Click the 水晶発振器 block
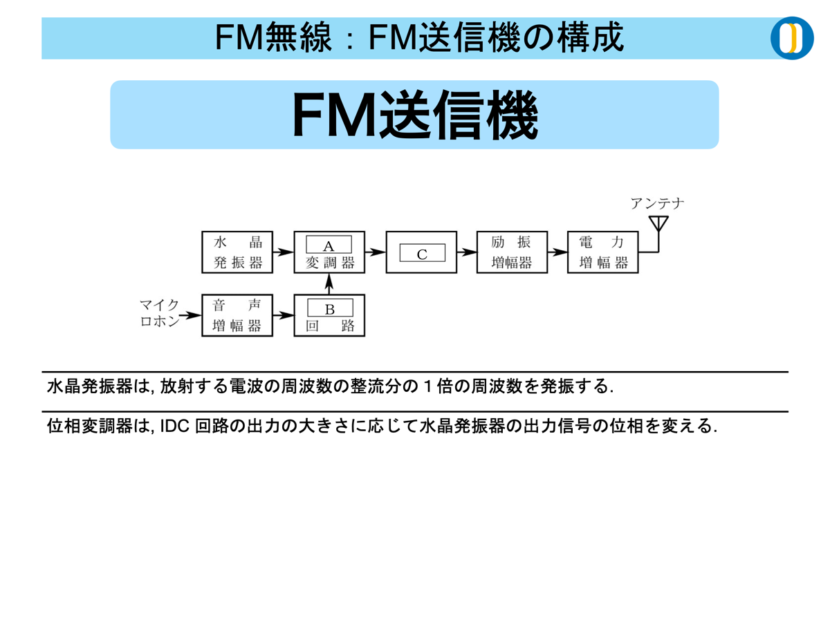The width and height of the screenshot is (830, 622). [237, 252]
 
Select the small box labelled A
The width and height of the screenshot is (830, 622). [329, 245]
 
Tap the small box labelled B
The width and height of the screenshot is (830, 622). [329, 308]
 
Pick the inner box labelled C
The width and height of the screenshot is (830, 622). [422, 254]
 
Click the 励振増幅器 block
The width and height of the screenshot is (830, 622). [512, 252]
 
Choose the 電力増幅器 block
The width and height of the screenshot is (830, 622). [602, 252]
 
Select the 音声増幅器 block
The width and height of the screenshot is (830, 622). [237, 316]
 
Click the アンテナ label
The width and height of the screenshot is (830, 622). [658, 203]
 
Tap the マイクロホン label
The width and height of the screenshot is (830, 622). [160, 313]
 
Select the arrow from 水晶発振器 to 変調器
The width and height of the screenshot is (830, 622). [283, 252]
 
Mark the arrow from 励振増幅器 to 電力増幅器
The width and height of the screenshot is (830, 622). [557, 252]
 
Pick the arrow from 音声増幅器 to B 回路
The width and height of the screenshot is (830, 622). [283, 316]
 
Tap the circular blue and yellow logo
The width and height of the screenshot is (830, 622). [792, 38]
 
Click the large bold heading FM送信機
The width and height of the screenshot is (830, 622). [414, 115]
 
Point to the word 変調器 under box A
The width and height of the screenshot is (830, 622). [329, 263]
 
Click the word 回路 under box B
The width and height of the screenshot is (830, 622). [329, 326]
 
